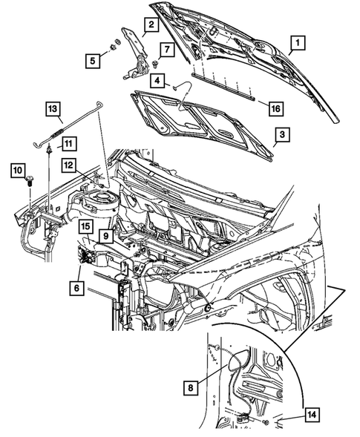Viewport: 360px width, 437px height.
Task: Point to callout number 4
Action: (159, 79)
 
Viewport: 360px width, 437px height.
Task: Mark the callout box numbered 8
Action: (192, 387)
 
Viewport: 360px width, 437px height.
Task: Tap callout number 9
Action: (107, 235)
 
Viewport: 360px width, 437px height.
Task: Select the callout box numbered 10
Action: (17, 171)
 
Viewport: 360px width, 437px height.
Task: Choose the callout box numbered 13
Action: (53, 110)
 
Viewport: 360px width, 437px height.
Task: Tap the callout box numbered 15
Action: (86, 226)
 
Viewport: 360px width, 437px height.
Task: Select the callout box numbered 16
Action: (275, 108)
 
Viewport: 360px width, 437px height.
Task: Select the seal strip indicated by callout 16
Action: (223, 86)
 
